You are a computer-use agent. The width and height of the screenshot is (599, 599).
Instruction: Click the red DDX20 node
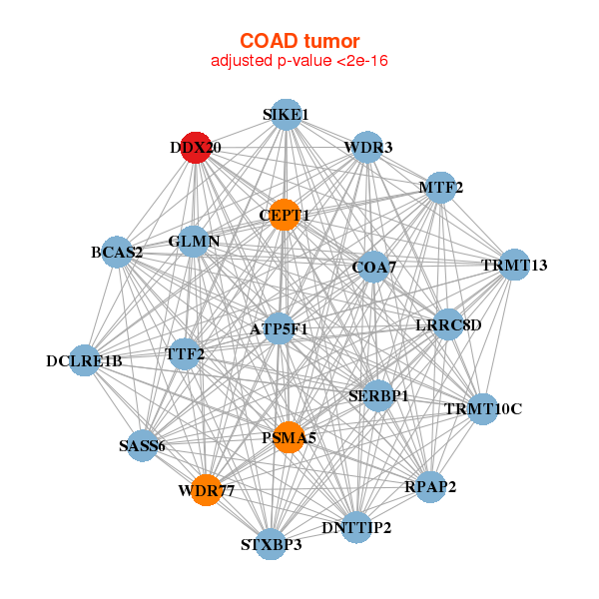[x=196, y=147]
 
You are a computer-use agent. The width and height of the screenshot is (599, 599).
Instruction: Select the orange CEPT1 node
[x=285, y=215]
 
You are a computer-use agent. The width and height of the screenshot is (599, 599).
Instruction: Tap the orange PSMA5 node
[x=289, y=437]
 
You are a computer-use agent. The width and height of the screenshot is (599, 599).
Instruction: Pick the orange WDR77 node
[x=206, y=490]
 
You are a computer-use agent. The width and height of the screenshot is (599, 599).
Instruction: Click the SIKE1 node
[x=286, y=115]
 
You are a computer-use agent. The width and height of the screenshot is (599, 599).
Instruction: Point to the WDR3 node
[x=367, y=148]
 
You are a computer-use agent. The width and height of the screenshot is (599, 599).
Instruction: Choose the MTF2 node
[x=440, y=187]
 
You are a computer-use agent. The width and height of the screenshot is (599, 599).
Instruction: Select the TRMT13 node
[x=514, y=265]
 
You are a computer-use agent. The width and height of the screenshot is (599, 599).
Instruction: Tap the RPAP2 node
[x=430, y=486]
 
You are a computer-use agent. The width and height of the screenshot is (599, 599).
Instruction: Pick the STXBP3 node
[x=271, y=544]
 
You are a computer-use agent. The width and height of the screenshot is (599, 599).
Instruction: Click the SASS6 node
[x=141, y=445]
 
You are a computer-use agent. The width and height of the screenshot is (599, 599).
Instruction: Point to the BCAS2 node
[x=117, y=252]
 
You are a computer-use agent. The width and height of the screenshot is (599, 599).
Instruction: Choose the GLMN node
[x=194, y=242]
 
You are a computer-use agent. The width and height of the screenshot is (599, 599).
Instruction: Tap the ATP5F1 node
[x=280, y=328]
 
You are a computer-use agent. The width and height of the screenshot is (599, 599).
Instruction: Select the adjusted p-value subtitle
[x=299, y=61]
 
